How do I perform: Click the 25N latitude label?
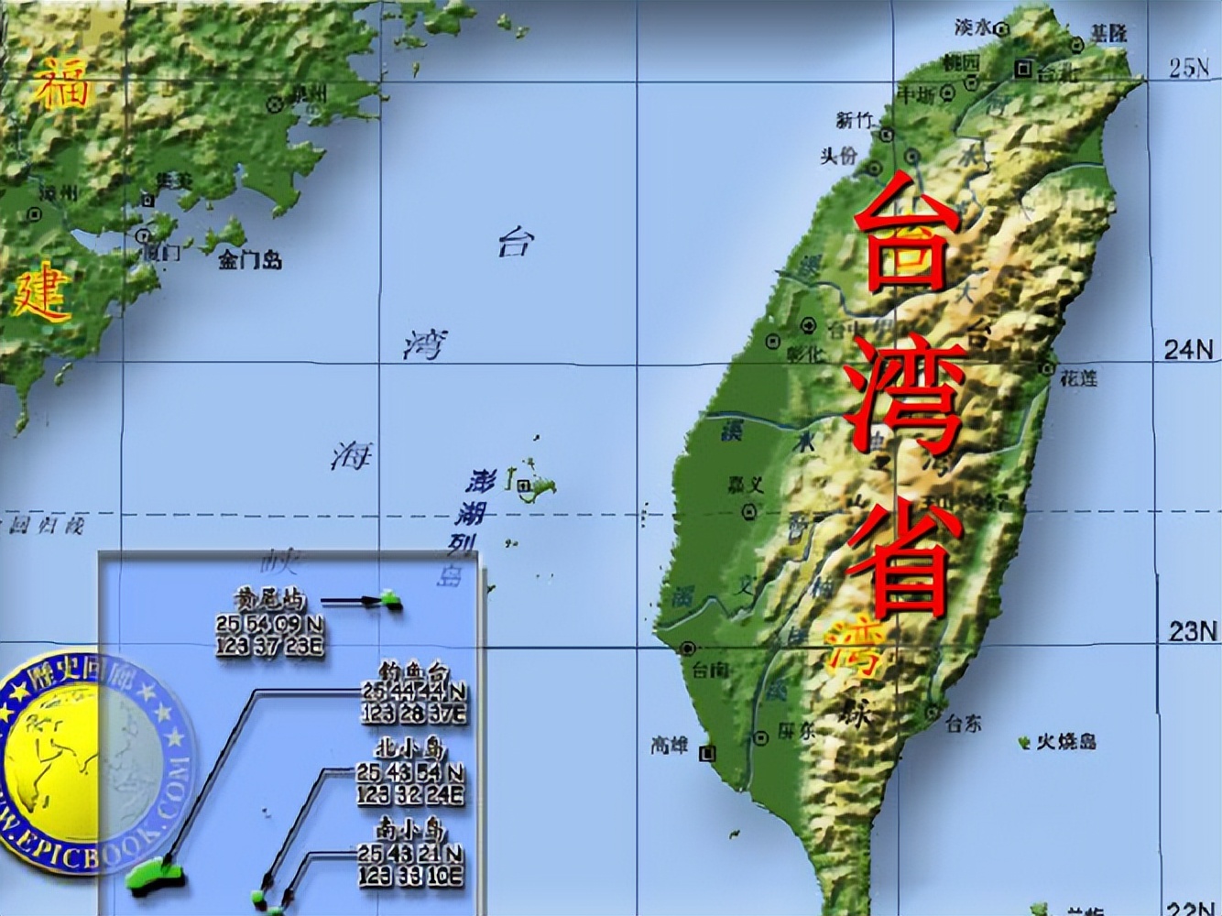(x=1189, y=68)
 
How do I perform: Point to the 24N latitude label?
(x=1188, y=349)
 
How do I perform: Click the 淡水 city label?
(x=975, y=27)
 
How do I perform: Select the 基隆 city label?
(x=1108, y=35)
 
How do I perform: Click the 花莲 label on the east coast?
(x=1078, y=377)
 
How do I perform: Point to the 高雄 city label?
(x=670, y=746)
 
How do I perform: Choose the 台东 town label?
(x=963, y=723)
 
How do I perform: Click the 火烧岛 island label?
(x=1066, y=741)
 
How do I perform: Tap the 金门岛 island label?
(x=249, y=260)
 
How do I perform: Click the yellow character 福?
(x=62, y=82)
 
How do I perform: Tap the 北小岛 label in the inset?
(x=410, y=749)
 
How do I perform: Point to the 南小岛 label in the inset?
(x=410, y=830)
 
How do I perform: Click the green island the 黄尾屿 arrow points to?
(x=391, y=601)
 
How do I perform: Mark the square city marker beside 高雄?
(x=706, y=753)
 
